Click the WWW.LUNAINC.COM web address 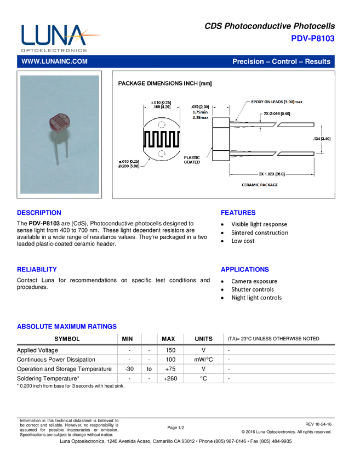pyautogui.click(x=54, y=61)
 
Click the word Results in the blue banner pyautogui.click(x=318, y=61)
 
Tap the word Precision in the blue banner pyautogui.click(x=248, y=61)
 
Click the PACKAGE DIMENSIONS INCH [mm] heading pyautogui.click(x=165, y=84)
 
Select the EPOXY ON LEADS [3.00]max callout pyautogui.click(x=277, y=101)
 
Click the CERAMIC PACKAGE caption pyautogui.click(x=260, y=185)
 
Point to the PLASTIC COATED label pyautogui.click(x=192, y=160)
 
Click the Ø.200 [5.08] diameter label pyautogui.click(x=130, y=166)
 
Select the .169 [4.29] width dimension pyautogui.click(x=161, y=108)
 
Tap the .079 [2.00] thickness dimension pyautogui.click(x=199, y=106)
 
